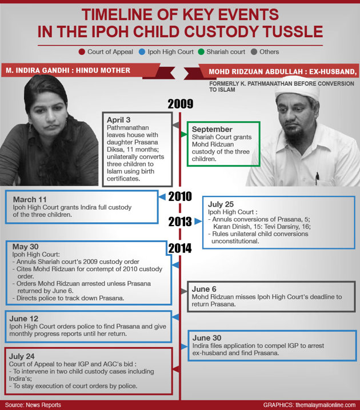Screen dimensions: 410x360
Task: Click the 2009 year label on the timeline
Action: click(x=180, y=104)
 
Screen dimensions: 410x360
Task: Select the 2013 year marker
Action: click(x=179, y=220)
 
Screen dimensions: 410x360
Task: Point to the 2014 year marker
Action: click(x=180, y=247)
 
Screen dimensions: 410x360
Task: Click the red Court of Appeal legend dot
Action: click(x=82, y=52)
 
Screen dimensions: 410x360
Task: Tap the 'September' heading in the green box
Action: click(x=212, y=130)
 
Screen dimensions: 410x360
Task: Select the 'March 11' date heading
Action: click(x=29, y=199)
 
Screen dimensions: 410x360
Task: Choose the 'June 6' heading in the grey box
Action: click(x=209, y=289)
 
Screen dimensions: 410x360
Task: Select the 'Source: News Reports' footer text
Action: click(x=33, y=405)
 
